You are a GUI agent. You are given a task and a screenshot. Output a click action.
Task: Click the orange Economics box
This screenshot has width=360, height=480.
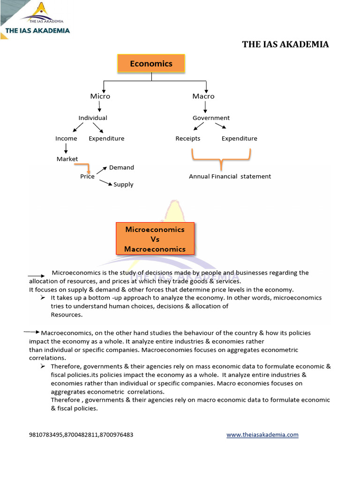click(151, 64)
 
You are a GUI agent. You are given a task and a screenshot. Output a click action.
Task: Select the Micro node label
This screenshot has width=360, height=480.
click(100, 96)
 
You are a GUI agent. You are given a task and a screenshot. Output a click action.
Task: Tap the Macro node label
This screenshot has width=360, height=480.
click(203, 96)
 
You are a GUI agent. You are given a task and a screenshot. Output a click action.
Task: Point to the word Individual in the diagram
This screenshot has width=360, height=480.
click(92, 118)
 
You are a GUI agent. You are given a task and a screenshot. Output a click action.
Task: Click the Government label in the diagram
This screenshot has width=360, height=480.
click(211, 118)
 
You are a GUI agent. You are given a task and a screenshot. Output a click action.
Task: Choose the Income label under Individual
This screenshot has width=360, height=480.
click(66, 139)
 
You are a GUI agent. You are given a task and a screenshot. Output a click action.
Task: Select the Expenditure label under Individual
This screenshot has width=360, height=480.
click(106, 139)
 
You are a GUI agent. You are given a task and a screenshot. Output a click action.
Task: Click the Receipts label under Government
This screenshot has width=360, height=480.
click(187, 139)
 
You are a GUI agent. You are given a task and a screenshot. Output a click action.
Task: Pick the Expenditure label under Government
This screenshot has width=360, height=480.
click(239, 139)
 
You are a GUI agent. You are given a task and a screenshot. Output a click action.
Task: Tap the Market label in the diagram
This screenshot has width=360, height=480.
click(67, 159)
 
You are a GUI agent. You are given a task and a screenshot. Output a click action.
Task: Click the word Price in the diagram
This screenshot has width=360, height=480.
click(87, 177)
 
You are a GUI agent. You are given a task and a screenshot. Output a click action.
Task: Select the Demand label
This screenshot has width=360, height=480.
click(121, 167)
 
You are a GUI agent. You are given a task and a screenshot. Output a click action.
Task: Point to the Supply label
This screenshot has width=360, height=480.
click(123, 185)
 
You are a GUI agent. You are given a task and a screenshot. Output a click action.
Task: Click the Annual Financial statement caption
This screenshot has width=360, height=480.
click(230, 177)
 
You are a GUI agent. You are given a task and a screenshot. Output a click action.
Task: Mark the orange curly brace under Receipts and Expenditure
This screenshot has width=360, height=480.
click(221, 159)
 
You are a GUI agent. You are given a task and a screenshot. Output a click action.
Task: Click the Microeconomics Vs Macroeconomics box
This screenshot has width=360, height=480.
click(155, 239)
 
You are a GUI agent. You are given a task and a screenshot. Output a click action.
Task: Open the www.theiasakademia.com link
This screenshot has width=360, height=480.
click(262, 435)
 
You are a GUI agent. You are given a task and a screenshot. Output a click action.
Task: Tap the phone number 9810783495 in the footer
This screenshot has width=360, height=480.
click(45, 435)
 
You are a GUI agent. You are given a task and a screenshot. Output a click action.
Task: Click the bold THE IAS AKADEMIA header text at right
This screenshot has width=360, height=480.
click(285, 45)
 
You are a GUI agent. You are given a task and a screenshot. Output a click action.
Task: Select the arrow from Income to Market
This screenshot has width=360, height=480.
click(66, 148)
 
